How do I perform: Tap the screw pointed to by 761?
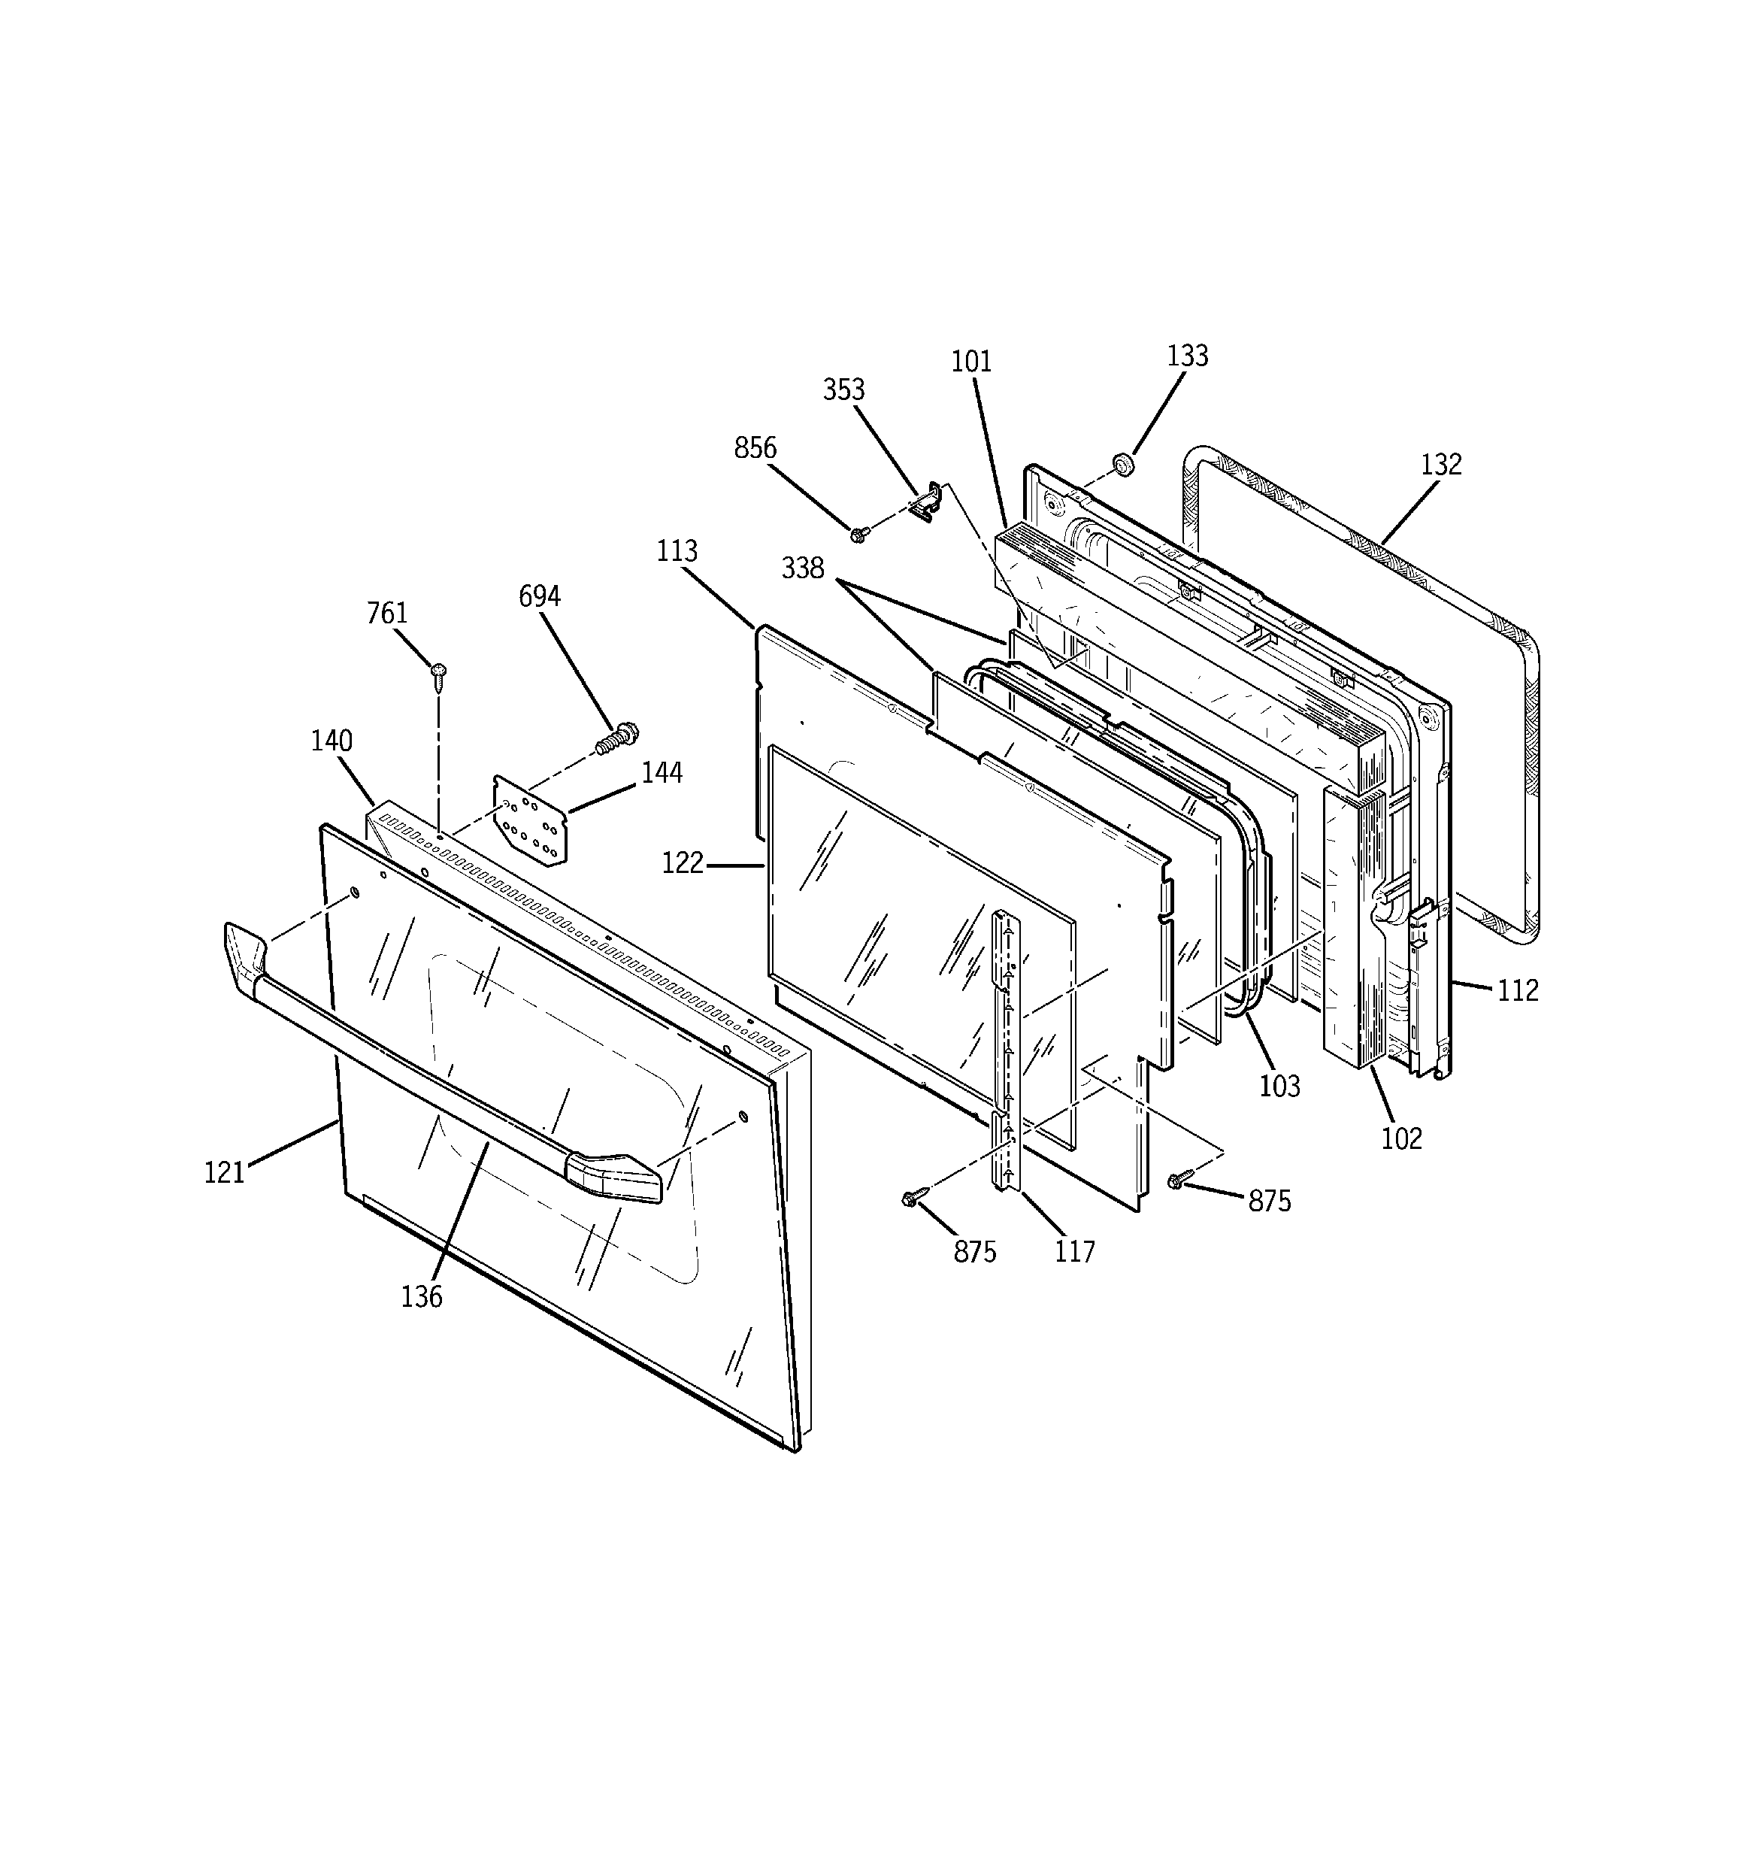coord(438,673)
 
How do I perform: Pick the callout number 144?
coord(662,773)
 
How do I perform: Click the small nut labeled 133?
coord(1123,465)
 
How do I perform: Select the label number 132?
coord(1441,465)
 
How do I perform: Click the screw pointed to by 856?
coord(858,534)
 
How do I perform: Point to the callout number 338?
coord(803,568)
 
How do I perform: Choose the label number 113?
coord(677,550)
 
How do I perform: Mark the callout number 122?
coord(683,863)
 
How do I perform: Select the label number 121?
coord(225,1172)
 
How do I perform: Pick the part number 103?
coord(1279,1086)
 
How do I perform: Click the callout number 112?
coord(1518,990)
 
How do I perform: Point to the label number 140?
coord(332,741)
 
